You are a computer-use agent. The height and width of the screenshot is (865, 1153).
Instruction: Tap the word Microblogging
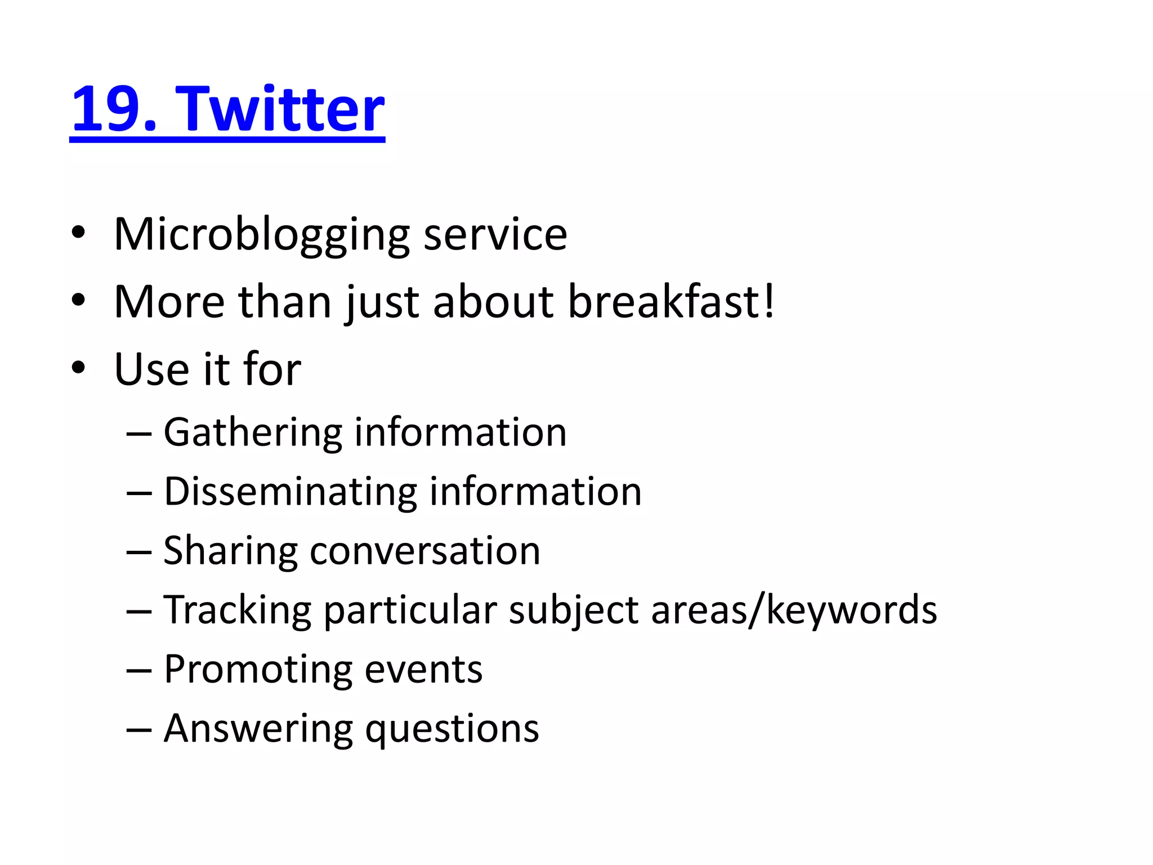[x=262, y=235]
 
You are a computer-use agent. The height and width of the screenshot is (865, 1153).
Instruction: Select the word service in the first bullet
[x=495, y=235]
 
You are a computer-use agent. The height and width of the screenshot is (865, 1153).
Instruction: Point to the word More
[x=169, y=302]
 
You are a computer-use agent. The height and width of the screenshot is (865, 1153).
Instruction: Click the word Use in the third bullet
[x=151, y=369]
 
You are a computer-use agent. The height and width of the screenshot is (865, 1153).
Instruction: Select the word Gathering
[x=253, y=432]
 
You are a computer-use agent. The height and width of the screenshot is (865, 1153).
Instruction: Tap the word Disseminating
[x=289, y=492]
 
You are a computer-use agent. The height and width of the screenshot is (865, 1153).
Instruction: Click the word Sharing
[x=230, y=551]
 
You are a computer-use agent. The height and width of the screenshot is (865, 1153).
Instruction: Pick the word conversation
[x=425, y=551]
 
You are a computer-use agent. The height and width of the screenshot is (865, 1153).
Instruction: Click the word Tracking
[x=237, y=610]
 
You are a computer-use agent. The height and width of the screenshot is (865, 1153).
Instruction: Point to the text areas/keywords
[x=794, y=610]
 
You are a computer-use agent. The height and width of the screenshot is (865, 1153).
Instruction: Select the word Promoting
[x=257, y=670]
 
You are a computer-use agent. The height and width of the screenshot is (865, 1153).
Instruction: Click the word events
[x=423, y=670]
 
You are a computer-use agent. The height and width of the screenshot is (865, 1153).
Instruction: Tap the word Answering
[x=258, y=729]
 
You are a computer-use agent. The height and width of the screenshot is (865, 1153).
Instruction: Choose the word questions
[x=452, y=730]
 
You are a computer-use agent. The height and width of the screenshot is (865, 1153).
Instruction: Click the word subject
[x=574, y=611]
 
